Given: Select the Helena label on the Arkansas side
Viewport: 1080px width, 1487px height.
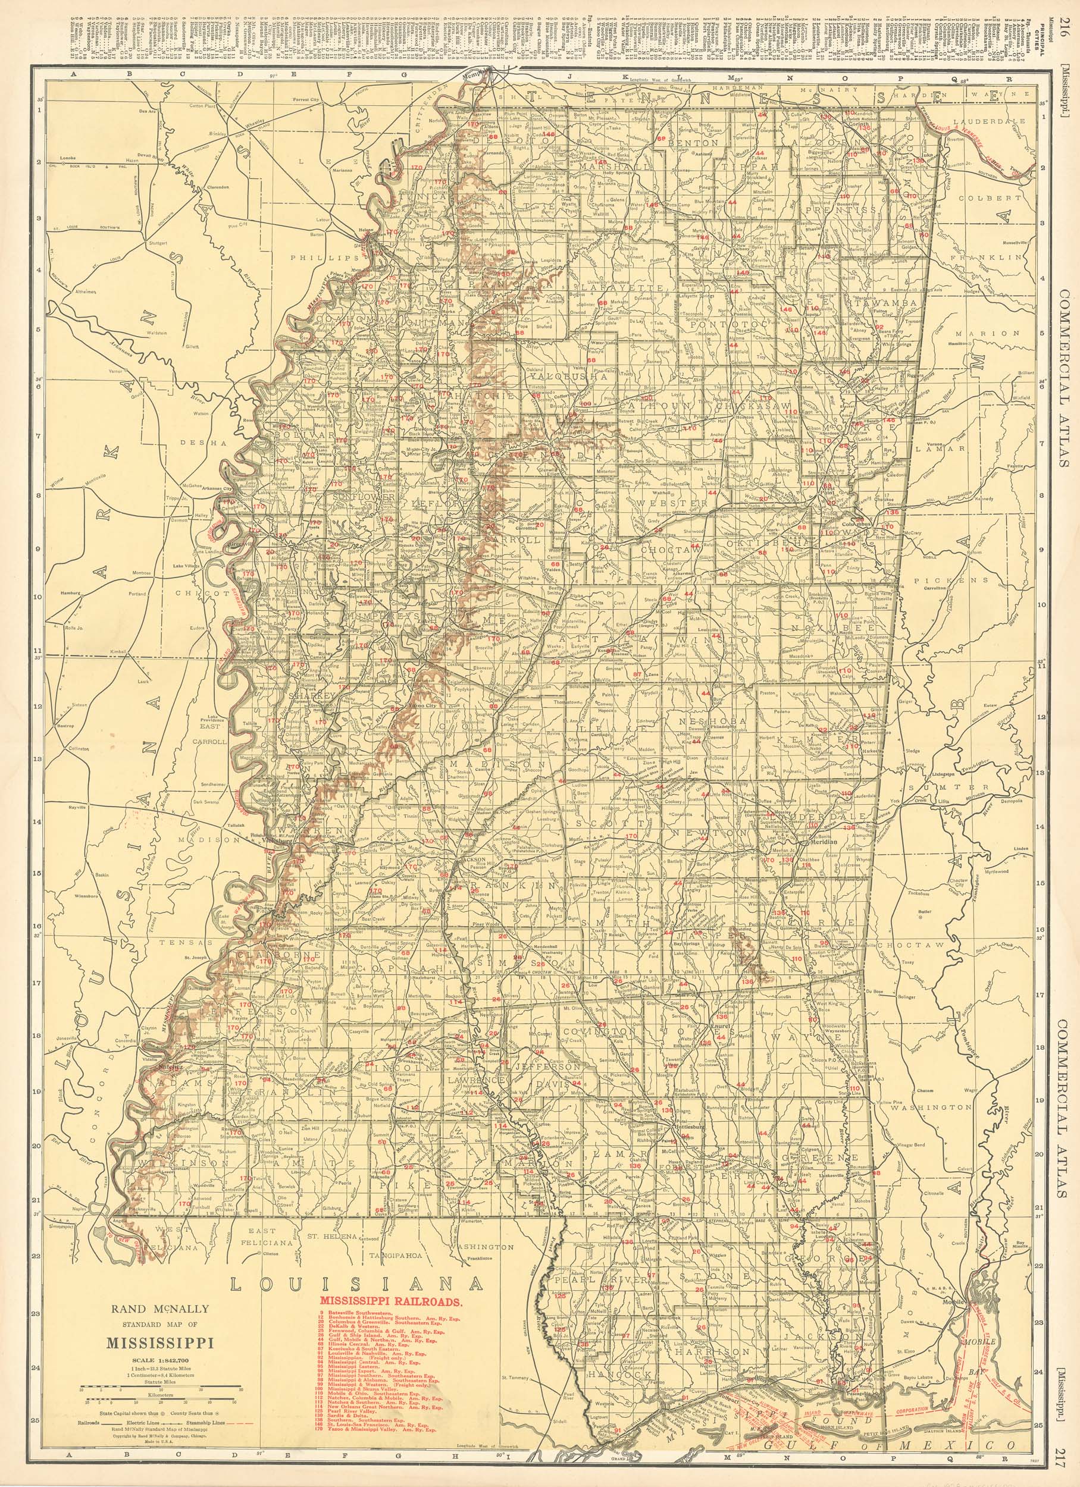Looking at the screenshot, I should click(x=364, y=231).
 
